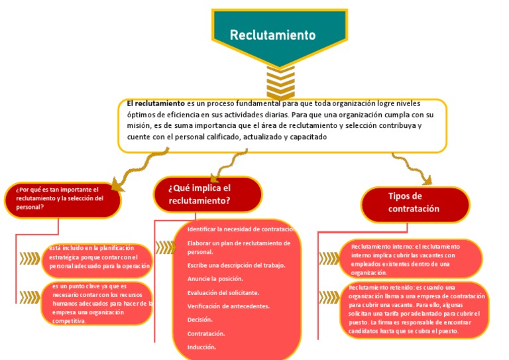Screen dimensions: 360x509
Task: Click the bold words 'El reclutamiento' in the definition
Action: point(156,103)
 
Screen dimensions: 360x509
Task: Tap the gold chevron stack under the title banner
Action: point(280,84)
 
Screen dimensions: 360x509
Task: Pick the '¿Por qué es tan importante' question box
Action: point(62,198)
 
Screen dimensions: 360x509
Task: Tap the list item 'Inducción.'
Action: point(201,347)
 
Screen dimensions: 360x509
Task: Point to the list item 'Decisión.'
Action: point(199,320)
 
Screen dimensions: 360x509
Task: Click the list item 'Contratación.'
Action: point(206,333)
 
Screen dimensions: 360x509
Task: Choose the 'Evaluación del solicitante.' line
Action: point(223,292)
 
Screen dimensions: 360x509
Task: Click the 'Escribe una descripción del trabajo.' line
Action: point(236,265)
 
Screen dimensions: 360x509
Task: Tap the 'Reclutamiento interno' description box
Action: point(415,259)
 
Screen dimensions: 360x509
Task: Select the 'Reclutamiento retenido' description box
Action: point(417,309)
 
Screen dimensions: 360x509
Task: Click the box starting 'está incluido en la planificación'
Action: point(99,257)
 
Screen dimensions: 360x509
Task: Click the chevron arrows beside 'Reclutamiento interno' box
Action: point(328,258)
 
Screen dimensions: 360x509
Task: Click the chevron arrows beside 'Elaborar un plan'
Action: point(165,247)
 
